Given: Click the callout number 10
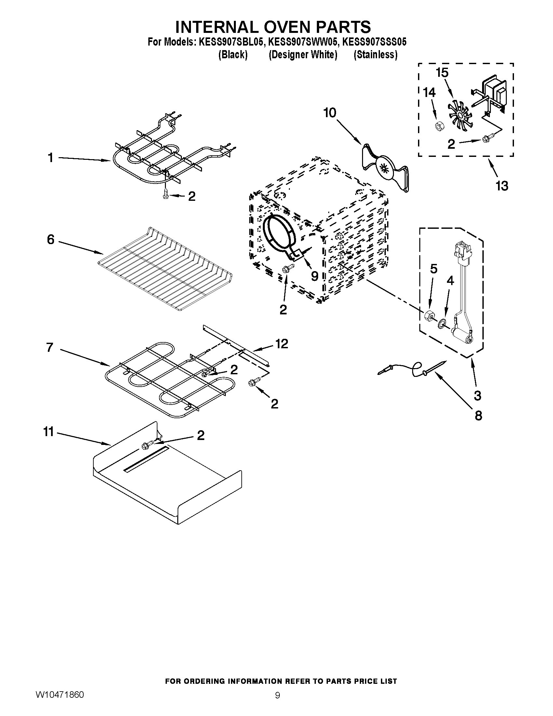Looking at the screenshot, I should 330,113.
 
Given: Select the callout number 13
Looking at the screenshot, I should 502,186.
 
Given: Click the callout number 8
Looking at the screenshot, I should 478,416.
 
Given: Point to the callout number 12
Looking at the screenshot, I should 281,344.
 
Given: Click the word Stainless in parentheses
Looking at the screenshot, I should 375,55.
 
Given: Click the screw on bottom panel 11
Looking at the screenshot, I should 146,446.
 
